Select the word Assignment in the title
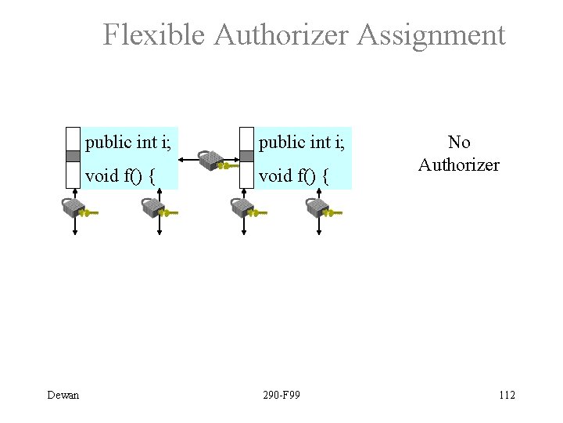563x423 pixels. (432, 35)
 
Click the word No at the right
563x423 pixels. (459, 143)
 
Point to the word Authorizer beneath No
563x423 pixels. (459, 164)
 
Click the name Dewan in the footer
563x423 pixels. (63, 395)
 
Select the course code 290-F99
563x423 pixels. (281, 395)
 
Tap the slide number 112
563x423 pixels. (507, 395)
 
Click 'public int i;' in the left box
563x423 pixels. (130, 143)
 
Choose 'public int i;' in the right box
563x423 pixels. (303, 143)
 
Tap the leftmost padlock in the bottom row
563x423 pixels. (73, 208)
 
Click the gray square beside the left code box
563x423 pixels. (74, 156)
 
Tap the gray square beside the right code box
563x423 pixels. (246, 156)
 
